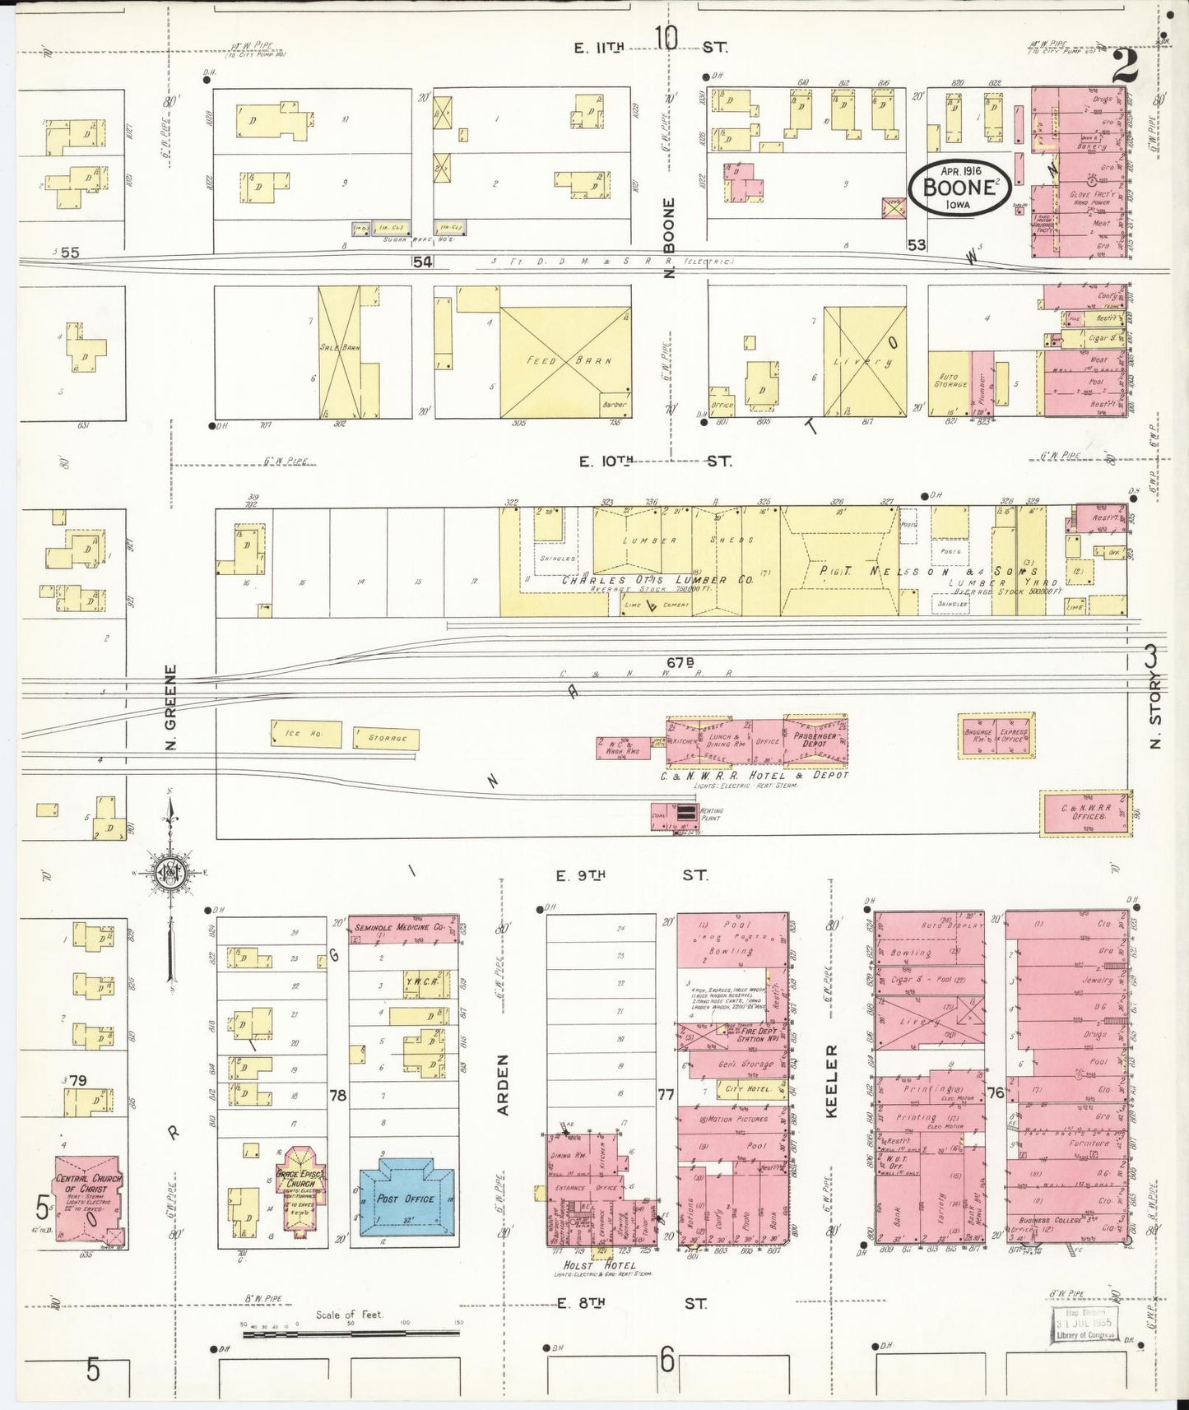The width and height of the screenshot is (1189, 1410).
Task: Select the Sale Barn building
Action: pyautogui.click(x=339, y=351)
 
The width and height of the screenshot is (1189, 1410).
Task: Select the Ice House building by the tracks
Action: pyautogui.click(x=305, y=734)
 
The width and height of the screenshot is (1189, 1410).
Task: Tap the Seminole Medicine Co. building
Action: pyautogui.click(x=401, y=928)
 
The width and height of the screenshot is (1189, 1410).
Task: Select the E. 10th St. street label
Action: pyautogui.click(x=654, y=461)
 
